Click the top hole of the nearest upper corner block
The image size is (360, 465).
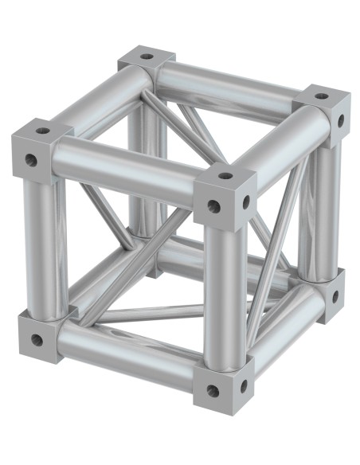click(x=225, y=175)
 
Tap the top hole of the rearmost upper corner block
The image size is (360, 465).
click(x=146, y=57)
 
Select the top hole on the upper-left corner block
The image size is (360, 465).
click(x=43, y=131)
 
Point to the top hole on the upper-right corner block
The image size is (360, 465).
click(x=320, y=96)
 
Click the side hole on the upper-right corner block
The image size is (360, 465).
click(x=342, y=120)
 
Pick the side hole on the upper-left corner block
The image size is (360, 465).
click(x=31, y=160)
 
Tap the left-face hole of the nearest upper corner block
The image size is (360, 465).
click(x=213, y=206)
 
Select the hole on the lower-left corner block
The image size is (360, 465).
click(x=37, y=341)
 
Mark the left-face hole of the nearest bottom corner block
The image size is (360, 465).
click(x=213, y=392)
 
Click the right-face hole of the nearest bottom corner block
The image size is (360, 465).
click(x=244, y=387)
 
